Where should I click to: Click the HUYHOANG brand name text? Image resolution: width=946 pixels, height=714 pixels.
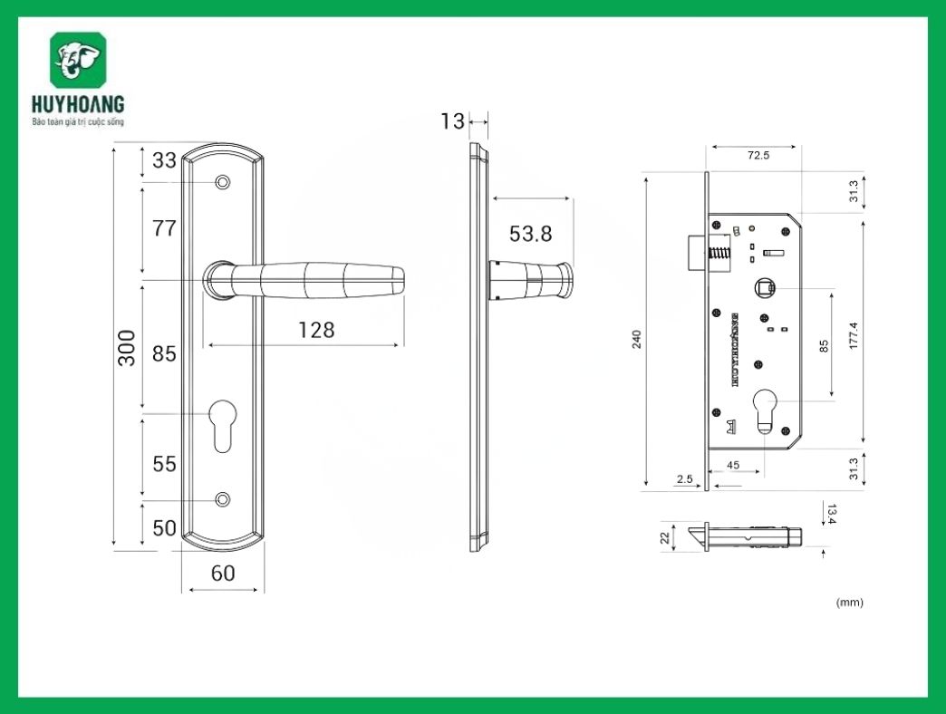tap(77, 105)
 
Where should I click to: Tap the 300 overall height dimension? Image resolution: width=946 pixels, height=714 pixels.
tap(127, 347)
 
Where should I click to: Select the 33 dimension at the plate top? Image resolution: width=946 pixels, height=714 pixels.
tap(164, 160)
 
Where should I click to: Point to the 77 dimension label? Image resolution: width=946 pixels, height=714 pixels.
tap(164, 228)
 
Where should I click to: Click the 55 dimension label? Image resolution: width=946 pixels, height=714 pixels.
tap(164, 464)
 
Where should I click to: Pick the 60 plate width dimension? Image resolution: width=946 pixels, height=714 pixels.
tap(223, 574)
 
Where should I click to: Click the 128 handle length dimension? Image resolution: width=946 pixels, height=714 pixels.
tap(316, 330)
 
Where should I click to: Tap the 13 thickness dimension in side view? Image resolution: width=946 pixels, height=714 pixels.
tap(452, 121)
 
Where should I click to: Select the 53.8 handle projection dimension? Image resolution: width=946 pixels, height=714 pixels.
tap(530, 234)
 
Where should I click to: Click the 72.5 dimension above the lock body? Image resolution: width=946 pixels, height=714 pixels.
tap(758, 156)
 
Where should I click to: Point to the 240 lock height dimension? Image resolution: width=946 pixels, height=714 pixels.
tap(636, 340)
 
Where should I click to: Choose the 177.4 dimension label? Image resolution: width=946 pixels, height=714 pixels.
tap(853, 337)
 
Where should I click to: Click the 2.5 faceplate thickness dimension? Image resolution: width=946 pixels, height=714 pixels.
tap(684, 478)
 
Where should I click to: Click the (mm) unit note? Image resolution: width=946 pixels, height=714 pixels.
tap(849, 603)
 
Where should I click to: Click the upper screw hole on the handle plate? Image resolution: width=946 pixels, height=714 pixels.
tap(222, 183)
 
